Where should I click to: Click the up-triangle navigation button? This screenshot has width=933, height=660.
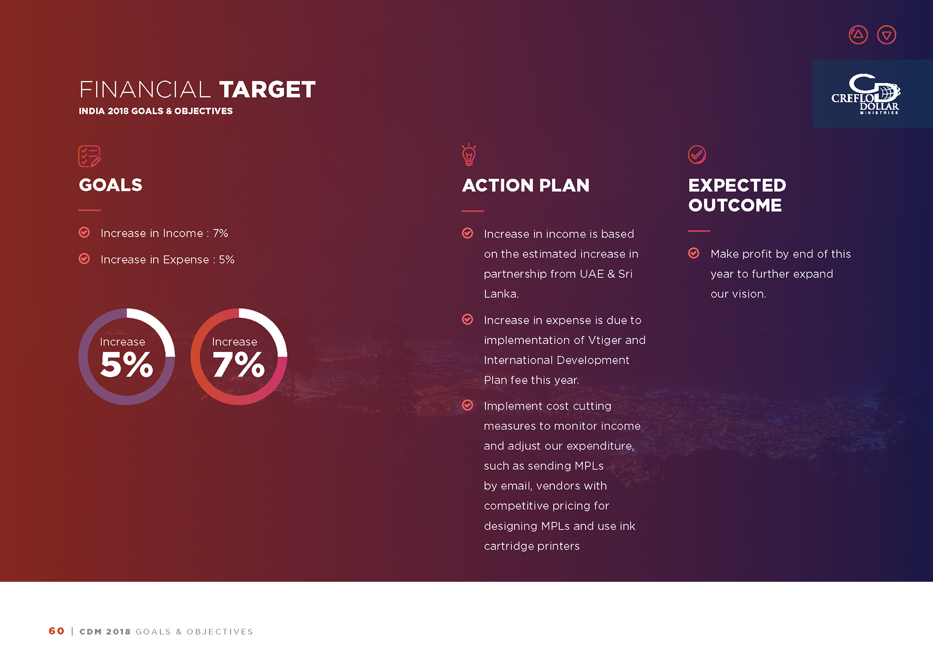pos(858,35)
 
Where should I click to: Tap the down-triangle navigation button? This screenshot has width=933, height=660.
pos(887,35)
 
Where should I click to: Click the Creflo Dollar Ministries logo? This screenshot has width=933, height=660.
pos(865,94)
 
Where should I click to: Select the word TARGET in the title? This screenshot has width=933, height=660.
pos(267,90)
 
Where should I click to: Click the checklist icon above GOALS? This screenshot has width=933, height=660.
pos(89,156)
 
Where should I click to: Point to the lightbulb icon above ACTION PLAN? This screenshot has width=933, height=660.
pos(469,155)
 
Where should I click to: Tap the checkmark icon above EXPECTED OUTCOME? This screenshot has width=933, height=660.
pos(697,155)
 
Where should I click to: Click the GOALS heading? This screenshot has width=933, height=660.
pos(111,185)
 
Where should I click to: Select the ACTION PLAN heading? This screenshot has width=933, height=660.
pos(526,186)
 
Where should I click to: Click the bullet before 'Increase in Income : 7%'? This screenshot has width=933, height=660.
pos(84,232)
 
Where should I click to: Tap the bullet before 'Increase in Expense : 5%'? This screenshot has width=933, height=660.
pos(84,259)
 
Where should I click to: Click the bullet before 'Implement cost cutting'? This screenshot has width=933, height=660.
pos(467,405)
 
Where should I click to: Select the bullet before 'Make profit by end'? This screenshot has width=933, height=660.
pos(694,253)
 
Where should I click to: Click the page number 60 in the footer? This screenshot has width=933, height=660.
pos(56,631)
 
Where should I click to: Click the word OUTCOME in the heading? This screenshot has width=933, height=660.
pos(735,205)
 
